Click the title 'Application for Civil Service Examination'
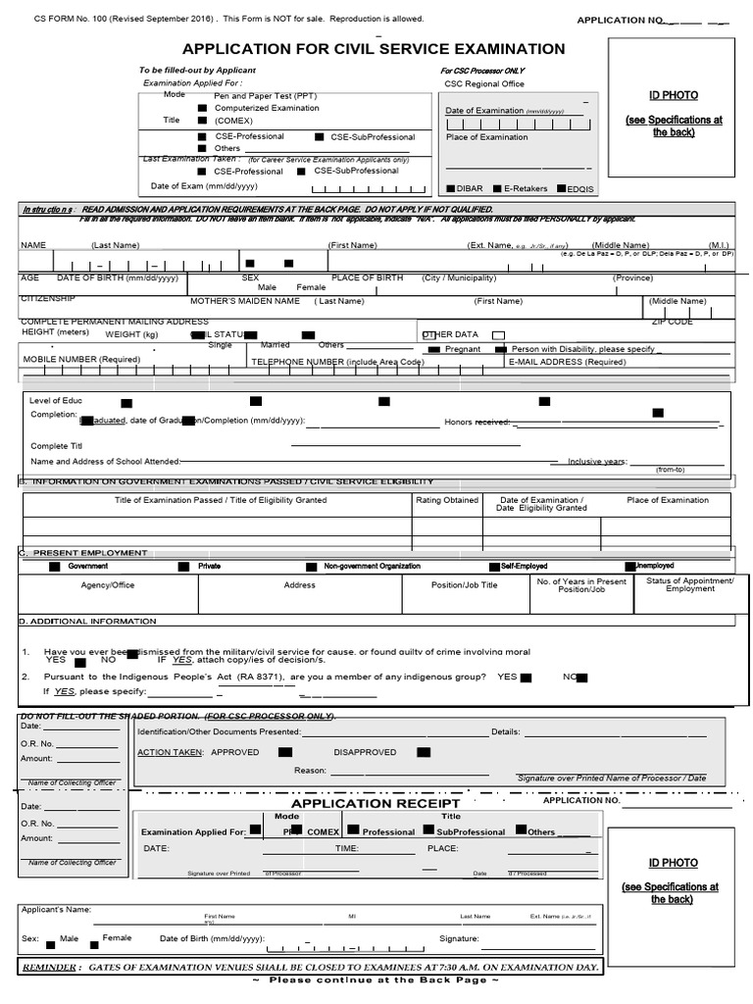coord(374,49)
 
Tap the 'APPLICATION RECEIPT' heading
coord(376,804)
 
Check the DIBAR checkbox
coord(450,187)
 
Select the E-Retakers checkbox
coord(498,187)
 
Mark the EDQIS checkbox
coord(561,187)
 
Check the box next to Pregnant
coord(432,349)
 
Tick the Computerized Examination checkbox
coord(202,108)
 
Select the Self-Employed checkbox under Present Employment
coord(493,567)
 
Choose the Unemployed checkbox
coord(630,566)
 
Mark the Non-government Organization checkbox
coord(313,567)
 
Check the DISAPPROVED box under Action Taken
coord(423,753)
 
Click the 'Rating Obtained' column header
coord(447,500)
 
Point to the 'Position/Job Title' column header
coord(465,585)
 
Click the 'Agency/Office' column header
coord(108,585)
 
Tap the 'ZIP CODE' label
coord(672,322)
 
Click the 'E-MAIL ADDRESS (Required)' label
coord(567,362)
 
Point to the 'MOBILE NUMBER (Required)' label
coord(81,360)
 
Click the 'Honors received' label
coord(477,422)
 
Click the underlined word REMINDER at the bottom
coord(51,967)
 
